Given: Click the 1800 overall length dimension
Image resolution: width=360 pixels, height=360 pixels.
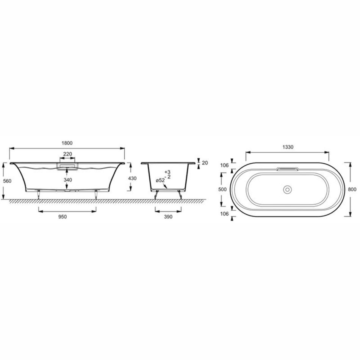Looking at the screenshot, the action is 67,143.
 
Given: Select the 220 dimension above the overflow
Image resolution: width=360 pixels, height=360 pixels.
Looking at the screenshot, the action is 67,154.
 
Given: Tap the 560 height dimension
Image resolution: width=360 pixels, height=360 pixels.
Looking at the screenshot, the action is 7,181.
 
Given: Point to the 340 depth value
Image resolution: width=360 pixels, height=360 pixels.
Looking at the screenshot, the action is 68,180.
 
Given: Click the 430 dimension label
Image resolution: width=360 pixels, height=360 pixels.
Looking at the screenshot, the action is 132,178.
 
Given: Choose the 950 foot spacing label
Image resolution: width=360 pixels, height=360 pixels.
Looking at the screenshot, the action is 63,217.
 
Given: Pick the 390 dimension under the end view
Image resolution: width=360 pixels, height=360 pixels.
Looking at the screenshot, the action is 168,217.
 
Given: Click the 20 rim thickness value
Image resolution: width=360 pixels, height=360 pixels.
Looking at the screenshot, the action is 205,163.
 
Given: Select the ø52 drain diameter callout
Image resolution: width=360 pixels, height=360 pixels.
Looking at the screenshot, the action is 160,180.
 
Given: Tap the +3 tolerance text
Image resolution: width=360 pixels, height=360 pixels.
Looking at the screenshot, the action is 167,172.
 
